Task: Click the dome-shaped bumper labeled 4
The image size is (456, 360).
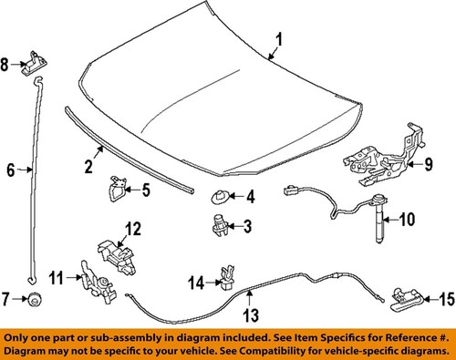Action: click(x=220, y=195)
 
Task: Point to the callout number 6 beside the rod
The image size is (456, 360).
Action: click(x=11, y=170)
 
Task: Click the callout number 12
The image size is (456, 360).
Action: click(x=132, y=228)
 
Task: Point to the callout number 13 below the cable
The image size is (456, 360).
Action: click(x=251, y=315)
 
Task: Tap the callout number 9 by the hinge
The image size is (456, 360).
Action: click(x=425, y=164)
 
